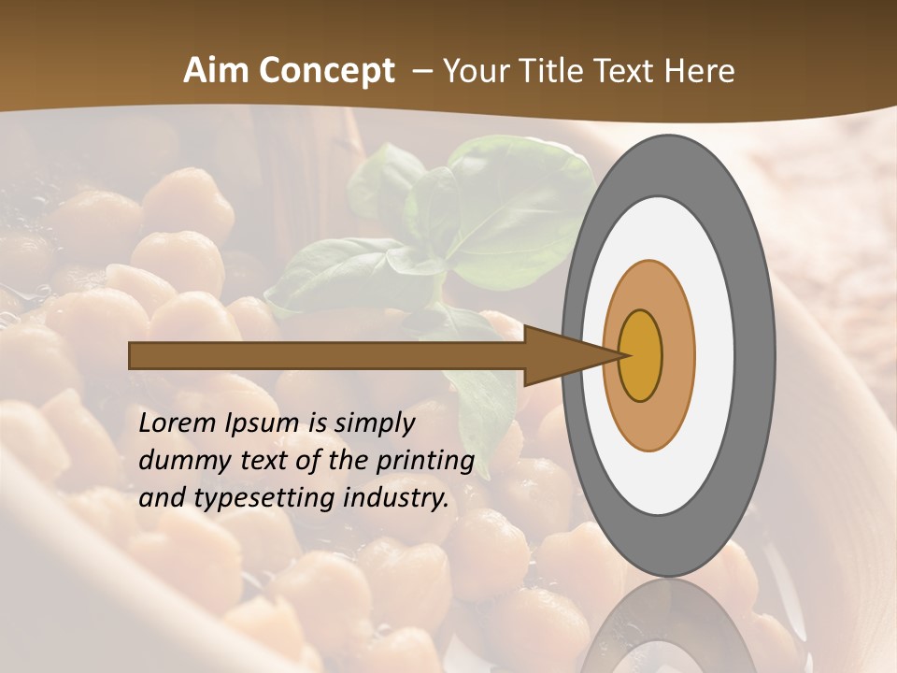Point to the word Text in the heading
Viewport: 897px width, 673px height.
pyautogui.click(x=629, y=71)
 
